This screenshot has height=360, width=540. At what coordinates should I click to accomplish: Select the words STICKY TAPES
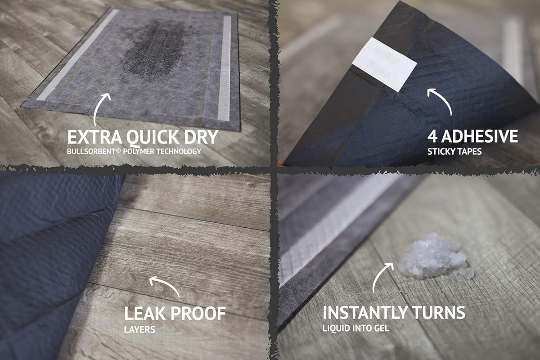tap(454, 152)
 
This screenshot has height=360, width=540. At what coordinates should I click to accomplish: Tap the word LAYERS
tap(139, 329)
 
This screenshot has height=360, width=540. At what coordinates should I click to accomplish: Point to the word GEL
tap(381, 328)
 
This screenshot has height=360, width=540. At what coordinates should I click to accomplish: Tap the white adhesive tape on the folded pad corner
tap(384, 64)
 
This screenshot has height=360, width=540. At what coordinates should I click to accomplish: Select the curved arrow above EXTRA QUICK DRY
tap(99, 107)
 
